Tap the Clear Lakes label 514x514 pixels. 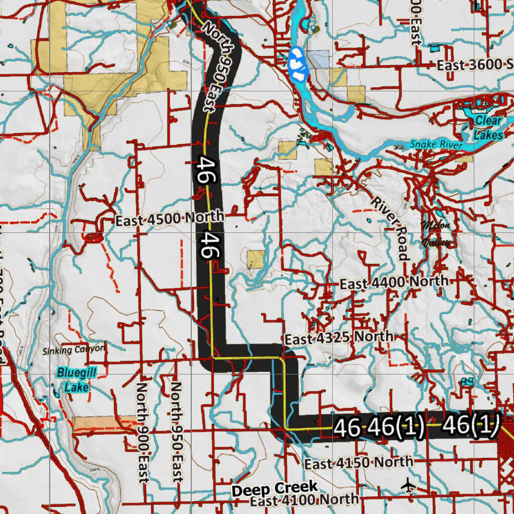tap(488, 127)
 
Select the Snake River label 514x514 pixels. tap(436, 145)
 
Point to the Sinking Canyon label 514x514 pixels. tap(74, 349)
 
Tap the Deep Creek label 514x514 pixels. tap(275, 488)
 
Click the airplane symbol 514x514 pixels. tap(410, 485)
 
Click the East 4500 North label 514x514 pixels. tap(169, 219)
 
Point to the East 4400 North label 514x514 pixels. tap(394, 283)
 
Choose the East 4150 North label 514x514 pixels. tap(359, 463)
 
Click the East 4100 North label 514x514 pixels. tap(304, 499)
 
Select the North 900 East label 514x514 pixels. tap(143, 432)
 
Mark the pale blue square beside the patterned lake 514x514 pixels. tap(318, 59)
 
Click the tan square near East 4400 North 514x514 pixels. tap(255, 259)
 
